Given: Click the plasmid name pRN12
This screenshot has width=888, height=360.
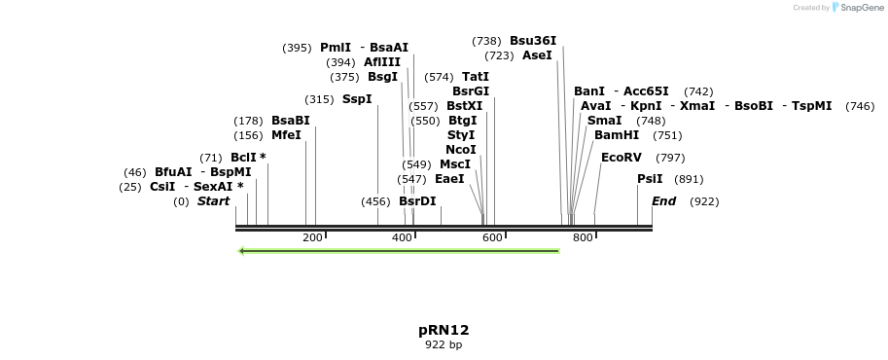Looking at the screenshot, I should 444,330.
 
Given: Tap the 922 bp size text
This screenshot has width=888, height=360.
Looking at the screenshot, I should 444,344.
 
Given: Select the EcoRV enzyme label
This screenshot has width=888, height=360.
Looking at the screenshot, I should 622,157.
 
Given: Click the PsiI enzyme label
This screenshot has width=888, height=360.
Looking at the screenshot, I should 650,179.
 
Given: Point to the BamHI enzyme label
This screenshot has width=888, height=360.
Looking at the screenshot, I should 617,135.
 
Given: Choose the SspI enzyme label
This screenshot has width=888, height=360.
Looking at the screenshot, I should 357,99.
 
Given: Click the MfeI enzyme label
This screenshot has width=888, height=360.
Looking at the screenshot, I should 286,135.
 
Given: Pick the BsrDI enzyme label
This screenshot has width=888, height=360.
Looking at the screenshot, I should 417,201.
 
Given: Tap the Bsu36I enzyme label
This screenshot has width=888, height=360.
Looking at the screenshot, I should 533,41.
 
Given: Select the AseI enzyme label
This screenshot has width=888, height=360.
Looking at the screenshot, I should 537,55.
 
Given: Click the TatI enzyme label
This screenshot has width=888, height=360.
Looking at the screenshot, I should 476,77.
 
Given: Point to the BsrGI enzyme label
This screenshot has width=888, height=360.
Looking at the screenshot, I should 471,91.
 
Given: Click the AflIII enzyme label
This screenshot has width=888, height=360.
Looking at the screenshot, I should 382,62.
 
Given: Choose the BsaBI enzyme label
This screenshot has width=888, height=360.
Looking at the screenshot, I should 290,121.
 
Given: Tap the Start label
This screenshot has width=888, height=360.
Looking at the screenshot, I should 213,201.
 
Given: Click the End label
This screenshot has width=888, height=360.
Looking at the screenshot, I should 663,201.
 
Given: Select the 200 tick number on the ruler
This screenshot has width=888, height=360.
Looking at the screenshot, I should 312,237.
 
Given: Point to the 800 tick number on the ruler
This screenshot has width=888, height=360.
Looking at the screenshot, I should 583,237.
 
